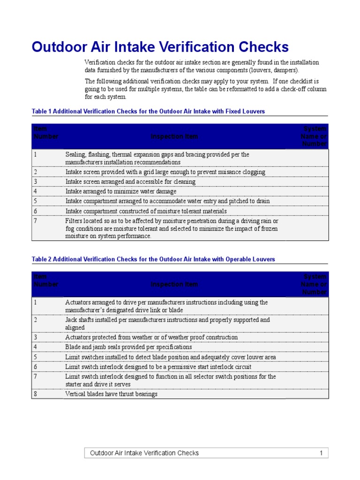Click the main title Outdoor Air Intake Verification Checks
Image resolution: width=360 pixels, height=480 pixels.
(x=160, y=47)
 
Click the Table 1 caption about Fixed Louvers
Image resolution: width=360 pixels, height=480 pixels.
(x=148, y=111)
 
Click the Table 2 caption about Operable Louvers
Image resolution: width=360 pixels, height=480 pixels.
(x=153, y=259)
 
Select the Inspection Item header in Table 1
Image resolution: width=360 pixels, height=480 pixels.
(x=174, y=136)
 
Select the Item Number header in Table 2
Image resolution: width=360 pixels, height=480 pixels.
(x=46, y=284)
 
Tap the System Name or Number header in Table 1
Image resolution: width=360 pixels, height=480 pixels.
(x=314, y=136)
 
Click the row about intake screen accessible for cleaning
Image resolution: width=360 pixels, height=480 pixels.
(x=130, y=182)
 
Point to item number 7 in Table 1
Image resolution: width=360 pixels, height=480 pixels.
(x=36, y=221)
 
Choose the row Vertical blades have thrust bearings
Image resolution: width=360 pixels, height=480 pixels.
(x=111, y=394)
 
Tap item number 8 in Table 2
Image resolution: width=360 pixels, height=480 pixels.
(x=36, y=394)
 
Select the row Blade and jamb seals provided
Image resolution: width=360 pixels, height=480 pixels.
(x=128, y=347)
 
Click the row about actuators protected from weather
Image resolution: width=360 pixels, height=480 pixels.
(x=151, y=337)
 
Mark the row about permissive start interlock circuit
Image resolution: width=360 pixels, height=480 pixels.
(x=158, y=367)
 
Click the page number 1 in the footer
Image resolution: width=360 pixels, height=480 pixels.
(x=321, y=453)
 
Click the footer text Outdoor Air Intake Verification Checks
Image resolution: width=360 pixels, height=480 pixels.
(x=144, y=453)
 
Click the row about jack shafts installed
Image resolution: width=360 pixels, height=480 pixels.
(x=167, y=323)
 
